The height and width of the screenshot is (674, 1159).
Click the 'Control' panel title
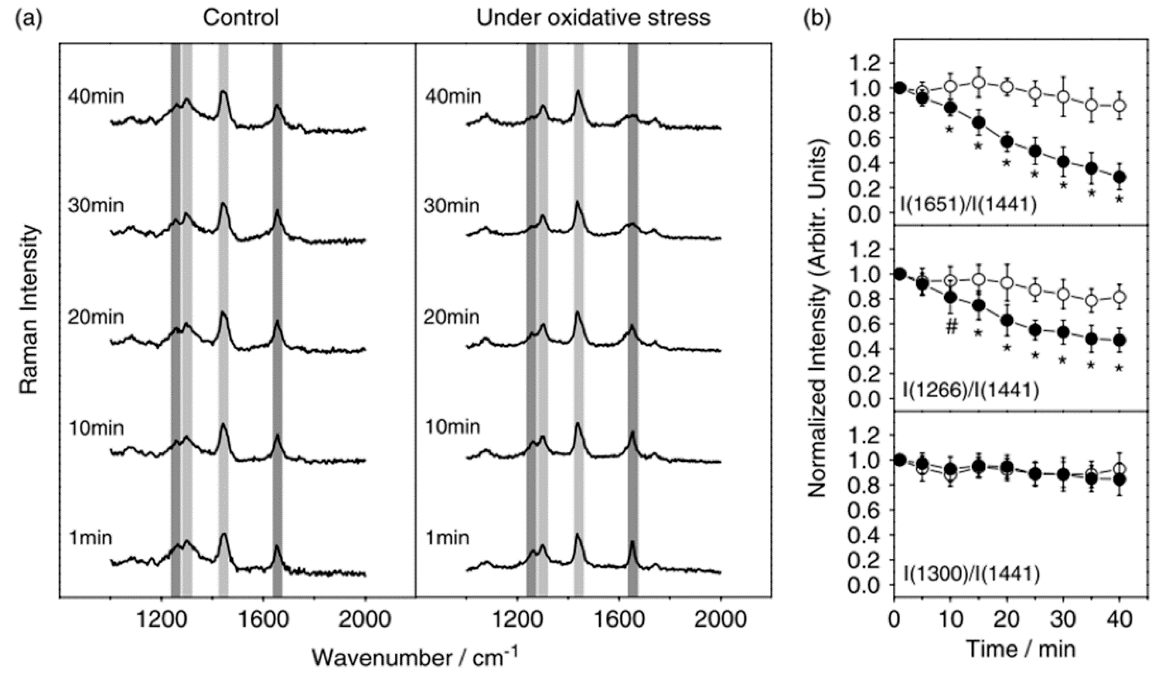coord(241,18)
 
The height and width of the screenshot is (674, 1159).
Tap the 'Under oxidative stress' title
coord(593,18)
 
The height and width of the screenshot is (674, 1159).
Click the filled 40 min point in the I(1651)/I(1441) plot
coord(1119,177)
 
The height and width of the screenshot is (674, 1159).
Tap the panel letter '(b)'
coord(817,18)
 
